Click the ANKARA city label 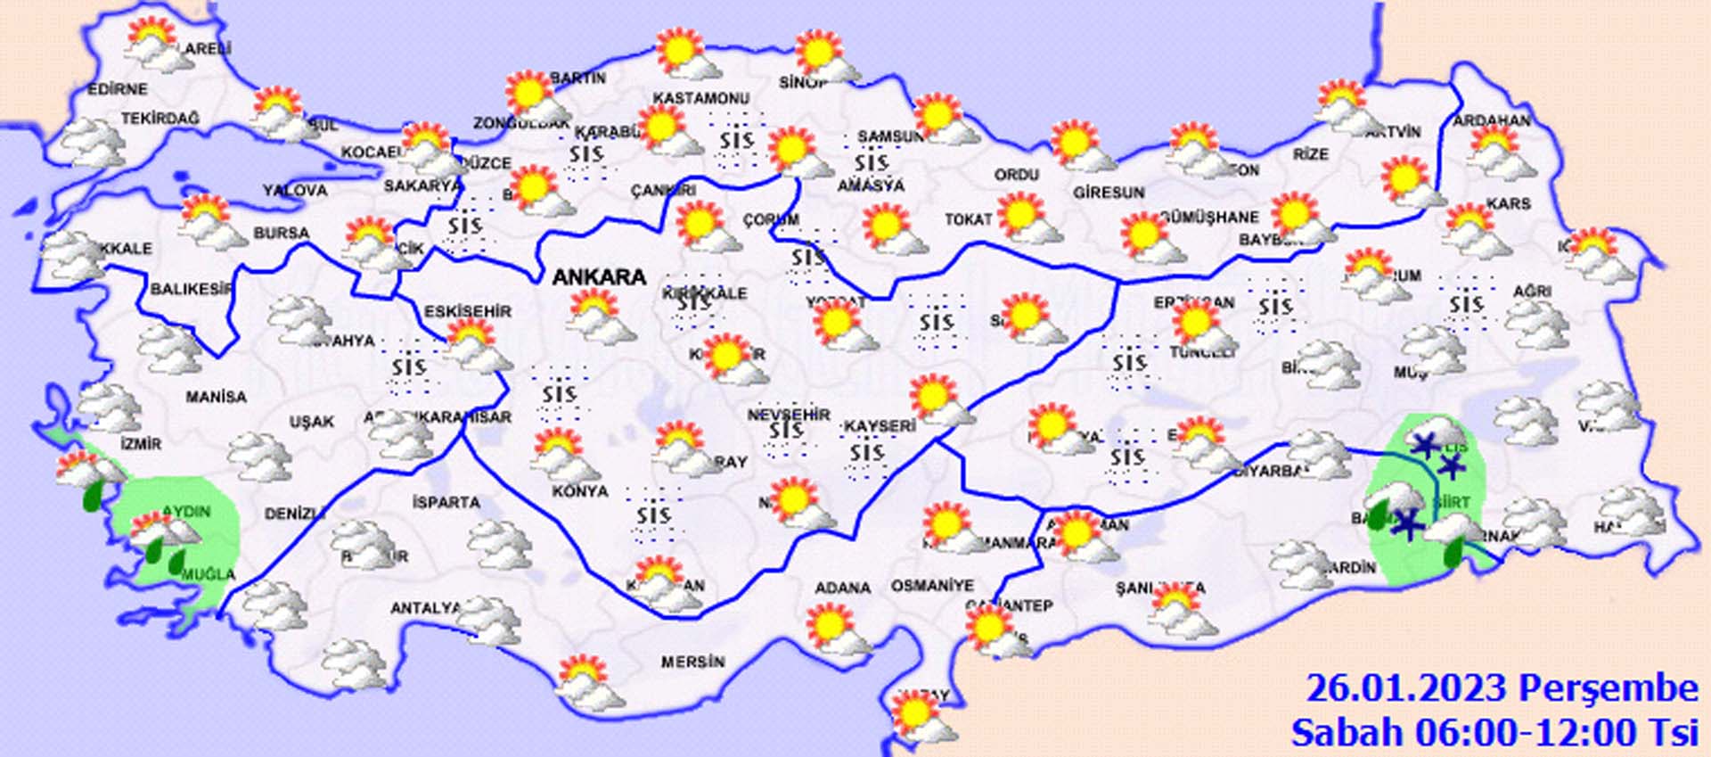599,277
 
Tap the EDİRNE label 117,89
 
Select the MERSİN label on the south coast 692,662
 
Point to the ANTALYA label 426,608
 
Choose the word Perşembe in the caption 1608,688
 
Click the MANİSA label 216,397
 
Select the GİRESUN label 1108,193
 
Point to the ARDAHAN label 1492,120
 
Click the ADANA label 842,588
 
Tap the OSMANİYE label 932,586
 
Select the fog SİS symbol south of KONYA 653,515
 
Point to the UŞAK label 311,422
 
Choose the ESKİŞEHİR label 467,312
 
